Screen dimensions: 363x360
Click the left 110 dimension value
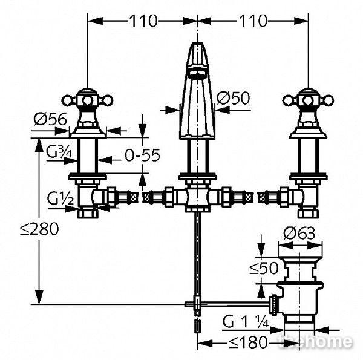[143, 21]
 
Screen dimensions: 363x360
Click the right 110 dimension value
[253, 21]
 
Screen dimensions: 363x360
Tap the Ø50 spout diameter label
[234, 98]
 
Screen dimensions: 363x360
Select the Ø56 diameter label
[50, 119]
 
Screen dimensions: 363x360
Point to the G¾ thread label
[59, 152]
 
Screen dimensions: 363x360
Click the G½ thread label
[60, 198]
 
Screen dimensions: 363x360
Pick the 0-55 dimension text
[142, 155]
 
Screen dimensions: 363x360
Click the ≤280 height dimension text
[39, 229]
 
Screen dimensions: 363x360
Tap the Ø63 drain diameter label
[299, 234]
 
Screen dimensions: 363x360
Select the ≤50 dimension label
[264, 268]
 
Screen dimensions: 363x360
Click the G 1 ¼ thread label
[246, 322]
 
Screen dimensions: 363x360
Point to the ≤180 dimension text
[247, 342]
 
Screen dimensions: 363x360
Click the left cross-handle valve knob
[87, 100]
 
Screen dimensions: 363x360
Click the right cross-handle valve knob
[308, 100]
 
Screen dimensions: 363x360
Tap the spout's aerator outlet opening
[197, 74]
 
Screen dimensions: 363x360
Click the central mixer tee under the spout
[197, 197]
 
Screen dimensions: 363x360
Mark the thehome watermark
[315, 341]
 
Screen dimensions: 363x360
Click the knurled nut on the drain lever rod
[274, 305]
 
